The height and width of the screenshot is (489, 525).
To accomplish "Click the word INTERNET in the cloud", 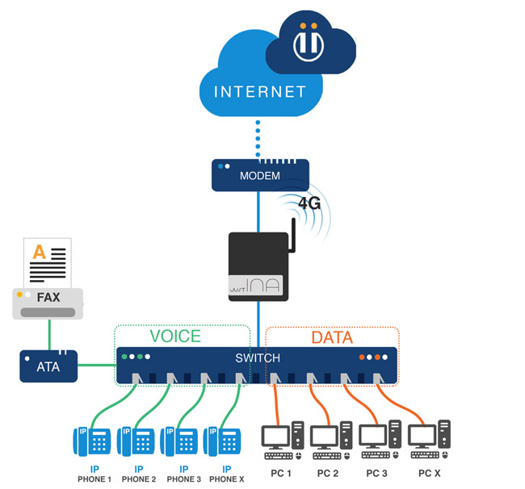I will pyautogui.click(x=260, y=91).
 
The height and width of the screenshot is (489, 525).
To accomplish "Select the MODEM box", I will pyautogui.click(x=259, y=175).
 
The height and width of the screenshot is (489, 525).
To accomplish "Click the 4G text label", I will pyautogui.click(x=310, y=203).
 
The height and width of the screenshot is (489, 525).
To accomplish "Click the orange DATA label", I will pyautogui.click(x=333, y=336).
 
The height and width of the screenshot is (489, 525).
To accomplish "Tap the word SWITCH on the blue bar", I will pyautogui.click(x=258, y=358).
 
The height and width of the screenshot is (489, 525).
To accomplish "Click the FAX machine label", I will pyautogui.click(x=48, y=298).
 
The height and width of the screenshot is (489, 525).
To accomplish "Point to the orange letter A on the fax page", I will pyautogui.click(x=38, y=253).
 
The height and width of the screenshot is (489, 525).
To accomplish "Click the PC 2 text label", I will pyautogui.click(x=329, y=473).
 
